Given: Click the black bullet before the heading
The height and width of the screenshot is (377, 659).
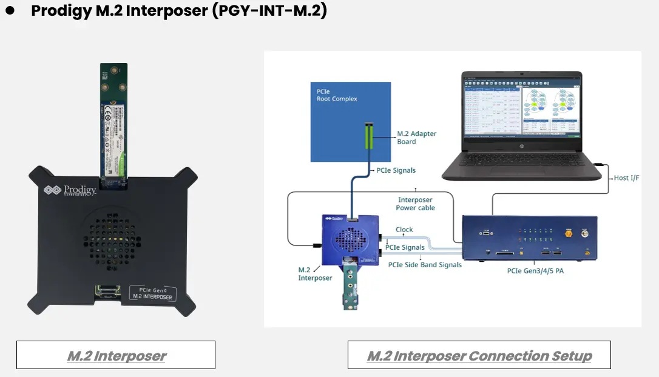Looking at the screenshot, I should [10, 12].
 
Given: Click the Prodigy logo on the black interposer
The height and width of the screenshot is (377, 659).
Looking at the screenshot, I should [69, 190].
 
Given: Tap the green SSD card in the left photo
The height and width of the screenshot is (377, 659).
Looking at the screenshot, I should [115, 121].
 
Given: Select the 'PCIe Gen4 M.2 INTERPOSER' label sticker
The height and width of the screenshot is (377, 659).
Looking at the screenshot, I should [152, 292].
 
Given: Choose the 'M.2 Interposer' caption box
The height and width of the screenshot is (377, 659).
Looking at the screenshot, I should [116, 355].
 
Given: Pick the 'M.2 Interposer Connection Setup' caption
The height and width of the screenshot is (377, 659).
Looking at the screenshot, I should [479, 355].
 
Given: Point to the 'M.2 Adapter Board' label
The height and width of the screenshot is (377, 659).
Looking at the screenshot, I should [416, 138].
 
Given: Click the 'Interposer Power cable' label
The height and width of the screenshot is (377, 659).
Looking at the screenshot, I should [415, 204].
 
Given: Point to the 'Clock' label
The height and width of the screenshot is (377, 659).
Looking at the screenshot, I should [404, 230].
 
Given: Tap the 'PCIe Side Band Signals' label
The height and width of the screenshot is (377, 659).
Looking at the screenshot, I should [425, 265].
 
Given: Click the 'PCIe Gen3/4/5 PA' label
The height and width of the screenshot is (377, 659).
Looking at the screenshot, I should [535, 271].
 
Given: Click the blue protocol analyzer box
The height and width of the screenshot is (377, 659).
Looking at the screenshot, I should [529, 240].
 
